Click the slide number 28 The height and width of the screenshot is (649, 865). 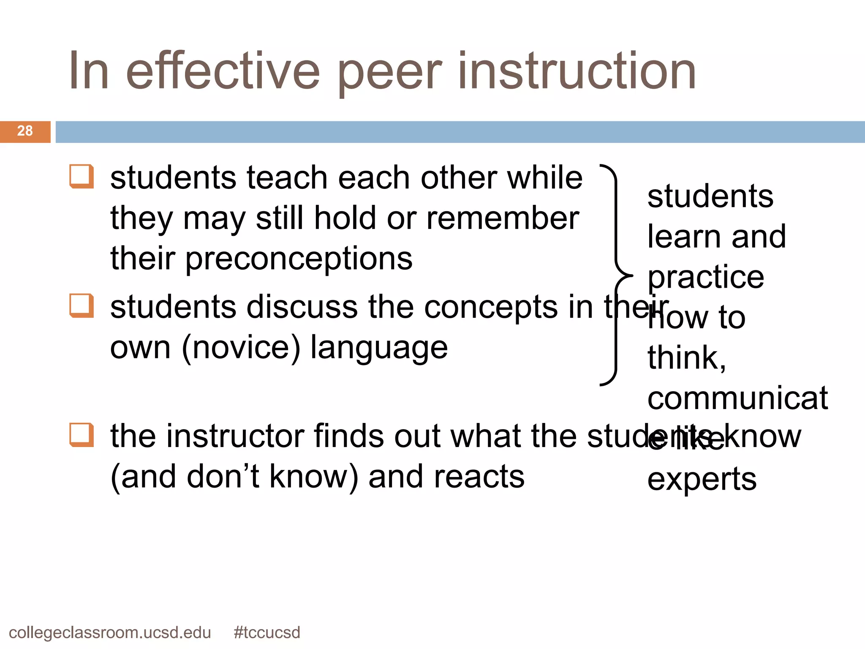[25, 131]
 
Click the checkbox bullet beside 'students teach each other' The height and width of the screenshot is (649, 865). [82, 176]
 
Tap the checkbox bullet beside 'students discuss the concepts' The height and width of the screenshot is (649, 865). [82, 305]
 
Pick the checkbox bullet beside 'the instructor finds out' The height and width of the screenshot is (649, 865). [82, 435]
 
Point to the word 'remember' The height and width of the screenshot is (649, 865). [503, 219]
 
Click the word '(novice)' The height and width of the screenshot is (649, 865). [241, 348]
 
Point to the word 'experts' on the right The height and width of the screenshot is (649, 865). [702, 480]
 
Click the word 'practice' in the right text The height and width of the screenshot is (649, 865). [706, 278]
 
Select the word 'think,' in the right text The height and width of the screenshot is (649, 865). [687, 358]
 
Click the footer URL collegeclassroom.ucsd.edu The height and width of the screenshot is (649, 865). [110, 633]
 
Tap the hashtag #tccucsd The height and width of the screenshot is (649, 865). [267, 633]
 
